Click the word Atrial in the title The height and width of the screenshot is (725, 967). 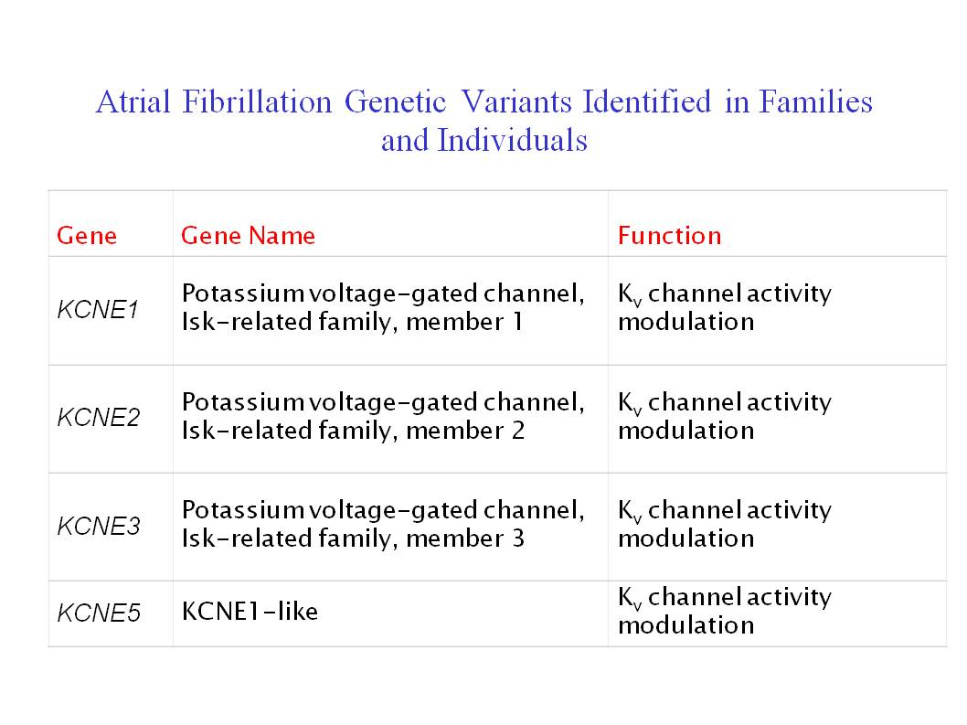pyautogui.click(x=133, y=101)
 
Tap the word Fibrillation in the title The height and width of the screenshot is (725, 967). pyautogui.click(x=257, y=101)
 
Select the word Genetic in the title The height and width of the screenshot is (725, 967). pyautogui.click(x=396, y=101)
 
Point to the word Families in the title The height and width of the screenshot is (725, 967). pyautogui.click(x=815, y=101)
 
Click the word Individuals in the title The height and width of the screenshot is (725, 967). pyautogui.click(x=512, y=140)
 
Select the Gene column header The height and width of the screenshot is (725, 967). pyautogui.click(x=87, y=236)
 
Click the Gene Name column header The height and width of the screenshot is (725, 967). pyautogui.click(x=248, y=236)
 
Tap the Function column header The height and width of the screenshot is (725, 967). pyautogui.click(x=670, y=236)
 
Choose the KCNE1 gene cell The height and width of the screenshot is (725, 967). pyautogui.click(x=98, y=309)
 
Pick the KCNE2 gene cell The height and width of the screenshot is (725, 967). pyautogui.click(x=99, y=418)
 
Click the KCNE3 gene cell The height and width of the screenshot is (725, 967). pyautogui.click(x=99, y=527)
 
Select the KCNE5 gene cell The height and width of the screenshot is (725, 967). pyautogui.click(x=99, y=613)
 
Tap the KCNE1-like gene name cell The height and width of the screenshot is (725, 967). pyautogui.click(x=250, y=612)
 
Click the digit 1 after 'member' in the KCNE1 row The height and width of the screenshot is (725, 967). pyautogui.click(x=517, y=322)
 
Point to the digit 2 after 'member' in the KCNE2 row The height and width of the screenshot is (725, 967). pyautogui.click(x=518, y=431)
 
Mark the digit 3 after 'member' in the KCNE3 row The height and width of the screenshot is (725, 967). pyautogui.click(x=518, y=538)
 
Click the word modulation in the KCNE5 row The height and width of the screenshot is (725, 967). pyautogui.click(x=685, y=625)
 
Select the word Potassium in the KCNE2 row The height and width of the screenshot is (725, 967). pyautogui.click(x=243, y=402)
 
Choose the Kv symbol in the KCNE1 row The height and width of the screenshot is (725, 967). pyautogui.click(x=630, y=295)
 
